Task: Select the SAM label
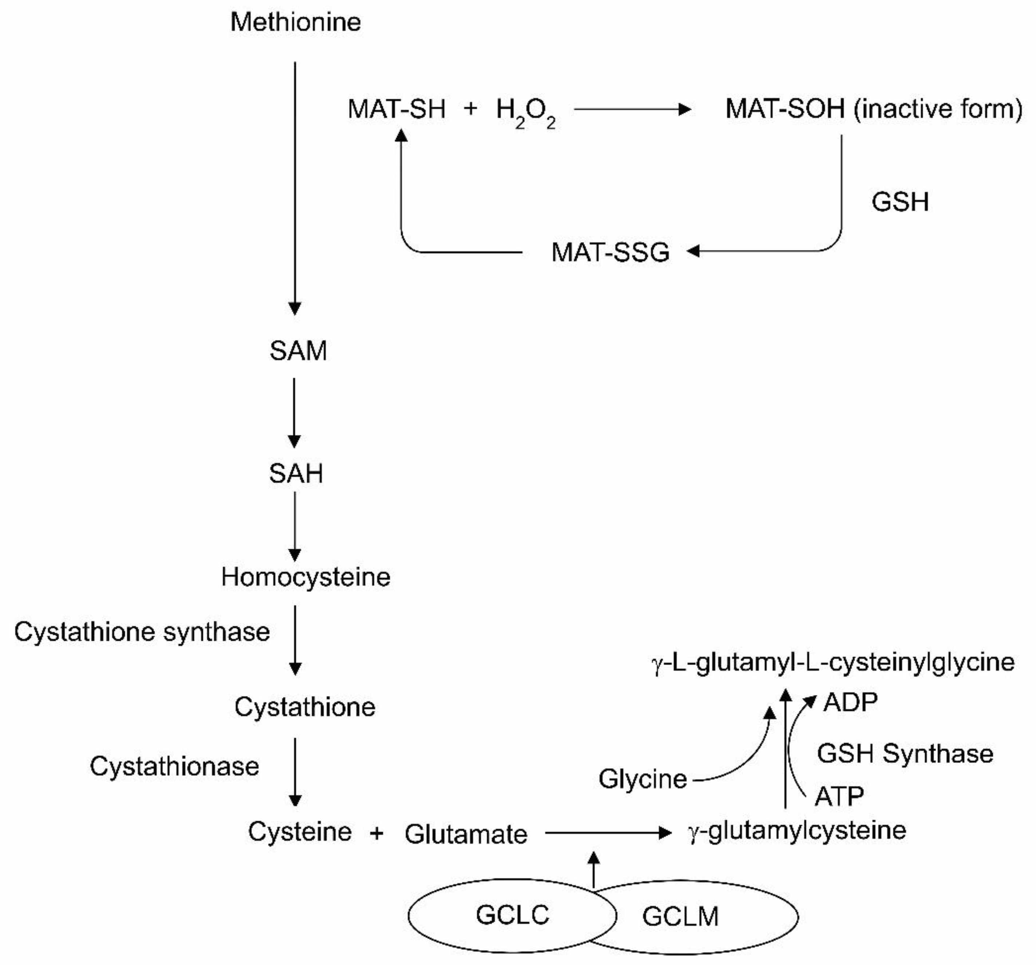pyautogui.click(x=298, y=351)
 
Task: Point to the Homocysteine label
pyautogui.click(x=306, y=577)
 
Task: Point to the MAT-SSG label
pyautogui.click(x=610, y=253)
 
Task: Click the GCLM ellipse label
pyautogui.click(x=681, y=917)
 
